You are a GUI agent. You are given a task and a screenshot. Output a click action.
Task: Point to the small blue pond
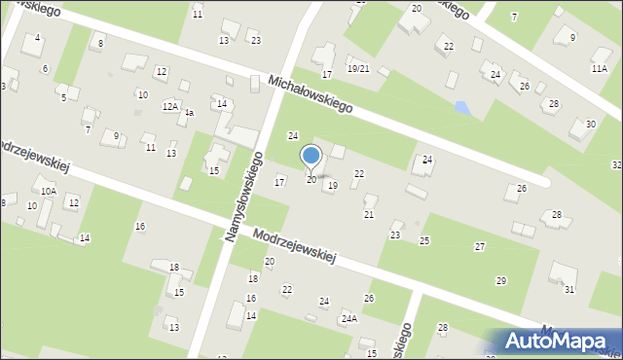click(x=463, y=108)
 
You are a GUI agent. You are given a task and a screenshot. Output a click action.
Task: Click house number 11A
click(x=600, y=68)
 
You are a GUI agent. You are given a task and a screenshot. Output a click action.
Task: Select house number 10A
click(x=48, y=192)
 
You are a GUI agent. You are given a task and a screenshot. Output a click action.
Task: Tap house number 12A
click(x=169, y=106)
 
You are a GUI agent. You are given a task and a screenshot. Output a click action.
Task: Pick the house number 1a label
click(x=190, y=113)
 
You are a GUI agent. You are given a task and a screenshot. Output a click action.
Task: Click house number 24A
click(x=348, y=318)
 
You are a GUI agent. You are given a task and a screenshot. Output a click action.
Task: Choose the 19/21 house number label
click(x=358, y=68)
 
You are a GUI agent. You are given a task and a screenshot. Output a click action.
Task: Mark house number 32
click(x=616, y=165)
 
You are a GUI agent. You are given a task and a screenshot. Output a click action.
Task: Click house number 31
click(x=569, y=290)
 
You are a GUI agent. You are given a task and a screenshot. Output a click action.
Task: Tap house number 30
click(x=591, y=124)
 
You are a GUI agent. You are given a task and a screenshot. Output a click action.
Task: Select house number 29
click(x=500, y=280)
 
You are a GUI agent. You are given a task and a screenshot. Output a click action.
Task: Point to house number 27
click(x=479, y=247)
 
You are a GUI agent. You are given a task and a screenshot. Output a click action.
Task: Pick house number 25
click(x=424, y=240)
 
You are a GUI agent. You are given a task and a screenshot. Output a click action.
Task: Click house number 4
click(x=37, y=38)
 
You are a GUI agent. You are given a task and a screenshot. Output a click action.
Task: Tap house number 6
click(x=45, y=68)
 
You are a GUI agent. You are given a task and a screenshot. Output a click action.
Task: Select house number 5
click(x=63, y=97)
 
